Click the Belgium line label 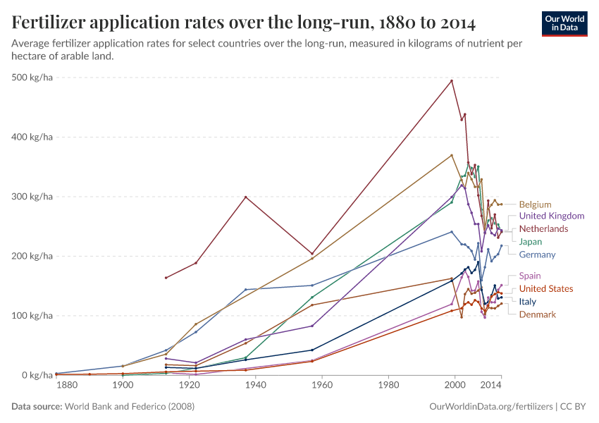(x=535, y=204)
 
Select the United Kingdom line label (x=551, y=216)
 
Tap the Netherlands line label (x=543, y=229)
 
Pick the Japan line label (x=530, y=242)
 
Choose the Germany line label (x=537, y=255)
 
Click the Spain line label (x=530, y=276)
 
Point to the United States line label (x=545, y=288)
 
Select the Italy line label (x=527, y=302)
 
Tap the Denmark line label (x=537, y=314)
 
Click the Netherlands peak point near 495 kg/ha (x=452, y=80)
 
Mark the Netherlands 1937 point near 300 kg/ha (x=245, y=197)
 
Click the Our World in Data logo (x=564, y=23)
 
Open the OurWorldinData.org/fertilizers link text (x=490, y=407)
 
